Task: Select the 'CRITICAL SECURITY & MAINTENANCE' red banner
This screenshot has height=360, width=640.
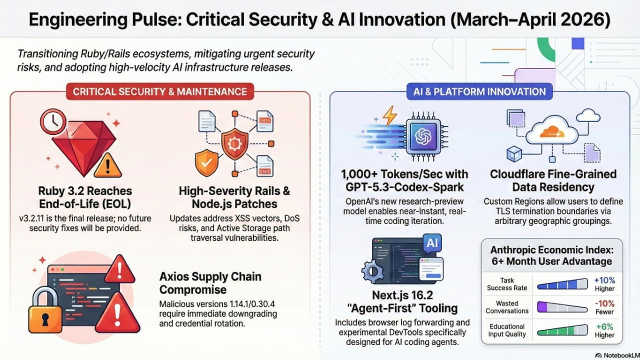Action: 160,91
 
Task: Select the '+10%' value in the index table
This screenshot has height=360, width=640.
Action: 604,280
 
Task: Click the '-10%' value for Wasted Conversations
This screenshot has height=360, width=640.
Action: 604,303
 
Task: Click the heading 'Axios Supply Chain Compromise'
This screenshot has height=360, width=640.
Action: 210,283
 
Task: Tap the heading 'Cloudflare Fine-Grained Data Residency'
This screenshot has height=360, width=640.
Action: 552,180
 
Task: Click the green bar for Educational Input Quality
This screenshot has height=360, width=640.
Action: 561,330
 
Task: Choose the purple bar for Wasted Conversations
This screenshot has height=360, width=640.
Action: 561,307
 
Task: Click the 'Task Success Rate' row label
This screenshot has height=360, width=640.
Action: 506,284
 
